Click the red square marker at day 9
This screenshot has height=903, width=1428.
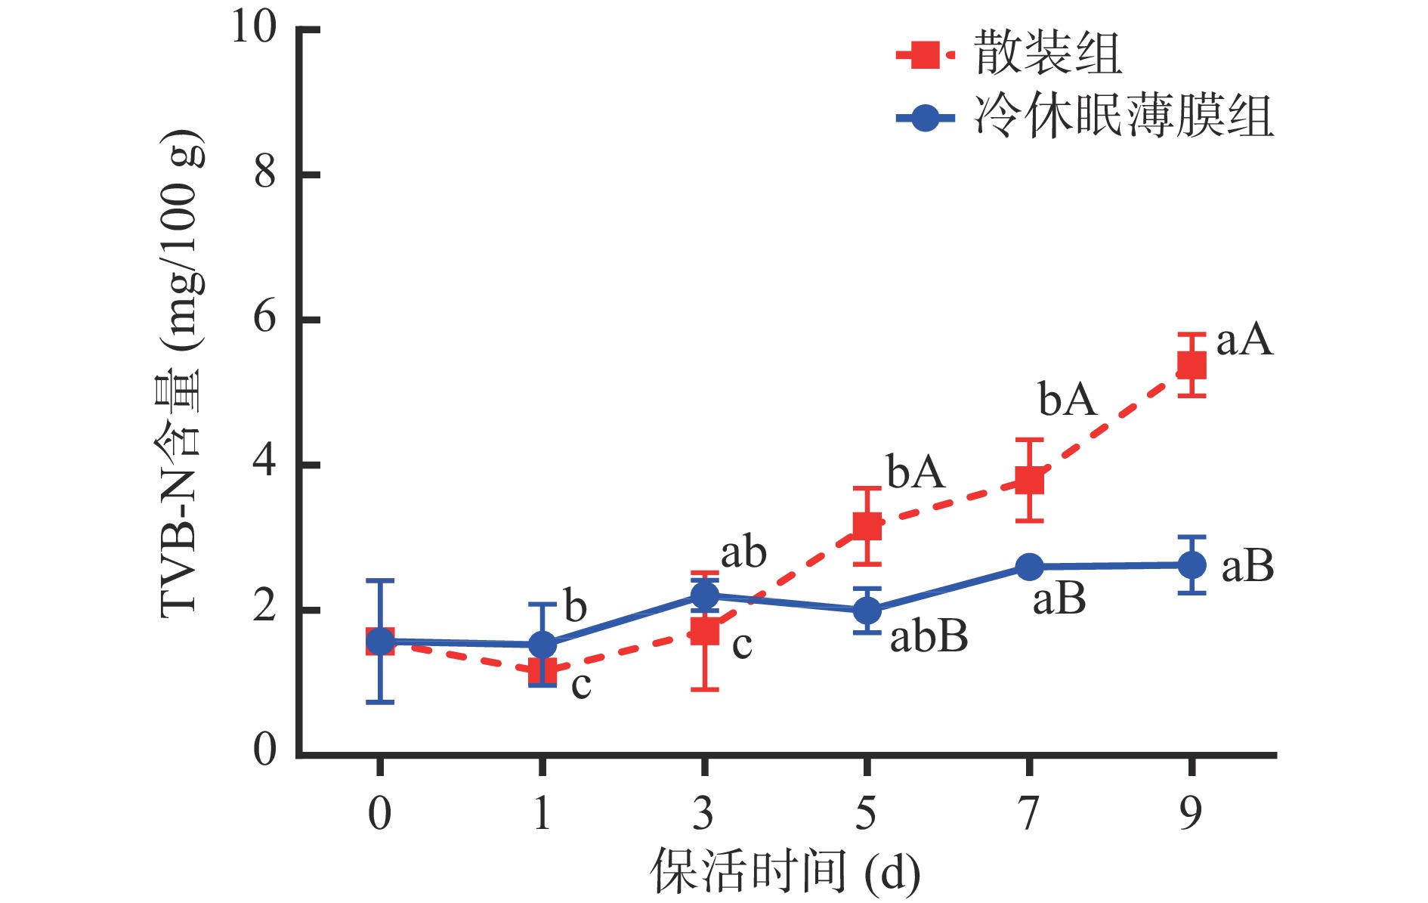(1192, 366)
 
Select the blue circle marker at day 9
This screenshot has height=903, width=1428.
(1192, 565)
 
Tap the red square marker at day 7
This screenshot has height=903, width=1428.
(1029, 481)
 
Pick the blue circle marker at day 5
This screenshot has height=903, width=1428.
(867, 610)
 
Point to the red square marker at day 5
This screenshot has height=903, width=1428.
(867, 526)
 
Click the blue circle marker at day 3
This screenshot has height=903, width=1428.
(704, 595)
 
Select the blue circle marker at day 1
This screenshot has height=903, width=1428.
(542, 645)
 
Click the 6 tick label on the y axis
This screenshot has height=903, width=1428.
(264, 318)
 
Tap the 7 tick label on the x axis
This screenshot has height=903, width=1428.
(1028, 814)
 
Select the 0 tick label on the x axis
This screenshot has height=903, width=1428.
(379, 814)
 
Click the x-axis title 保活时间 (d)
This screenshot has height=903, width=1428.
(785, 871)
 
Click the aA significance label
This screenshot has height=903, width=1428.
(1244, 340)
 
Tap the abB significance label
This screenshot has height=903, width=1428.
(929, 637)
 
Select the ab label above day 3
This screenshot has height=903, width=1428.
(743, 553)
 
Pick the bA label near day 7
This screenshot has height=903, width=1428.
(1067, 399)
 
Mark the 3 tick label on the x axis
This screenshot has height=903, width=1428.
(703, 814)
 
